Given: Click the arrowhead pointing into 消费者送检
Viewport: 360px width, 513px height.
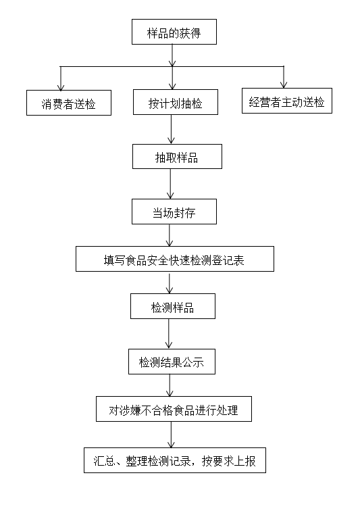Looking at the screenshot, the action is pos(61,87).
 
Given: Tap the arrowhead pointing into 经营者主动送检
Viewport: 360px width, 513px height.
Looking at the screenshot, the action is pos(284,84).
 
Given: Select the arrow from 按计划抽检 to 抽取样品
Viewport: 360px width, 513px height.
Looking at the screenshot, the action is pos(172,129).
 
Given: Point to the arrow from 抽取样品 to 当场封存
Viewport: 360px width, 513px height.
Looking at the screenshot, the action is pos(170,184).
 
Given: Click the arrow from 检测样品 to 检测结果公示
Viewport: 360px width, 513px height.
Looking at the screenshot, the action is pos(169,334).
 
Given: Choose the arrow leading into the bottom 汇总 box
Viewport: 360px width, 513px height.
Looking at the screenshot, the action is pos(171,435).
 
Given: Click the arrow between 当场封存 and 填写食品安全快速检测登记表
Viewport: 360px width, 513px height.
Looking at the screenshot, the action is pos(170,235).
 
